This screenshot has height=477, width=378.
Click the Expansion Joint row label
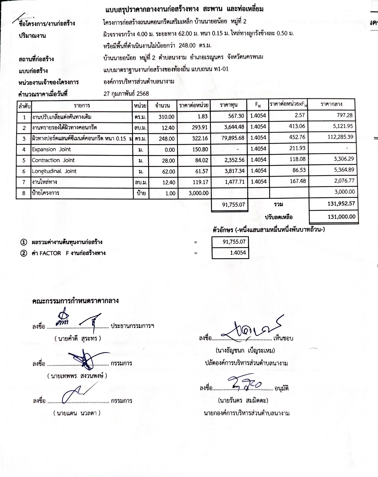(x=51, y=149)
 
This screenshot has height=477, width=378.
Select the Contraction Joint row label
(x=53, y=160)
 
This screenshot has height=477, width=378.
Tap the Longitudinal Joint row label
(x=54, y=171)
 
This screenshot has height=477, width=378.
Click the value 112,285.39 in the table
(x=340, y=137)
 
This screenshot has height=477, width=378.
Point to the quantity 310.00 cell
(x=166, y=117)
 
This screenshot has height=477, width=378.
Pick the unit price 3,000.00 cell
(x=198, y=193)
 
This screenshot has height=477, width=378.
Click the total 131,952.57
(x=341, y=203)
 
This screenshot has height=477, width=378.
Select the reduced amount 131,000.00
(x=341, y=217)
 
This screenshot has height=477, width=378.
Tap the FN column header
(x=258, y=105)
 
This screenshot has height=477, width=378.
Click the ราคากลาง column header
(x=331, y=104)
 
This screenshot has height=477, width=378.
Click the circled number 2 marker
(x=23, y=253)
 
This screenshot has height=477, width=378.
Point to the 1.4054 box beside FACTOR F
(x=238, y=253)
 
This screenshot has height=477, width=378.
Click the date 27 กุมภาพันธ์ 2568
(x=126, y=94)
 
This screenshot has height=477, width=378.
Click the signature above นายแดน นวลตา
(x=75, y=393)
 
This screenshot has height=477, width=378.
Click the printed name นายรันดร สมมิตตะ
(x=243, y=400)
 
